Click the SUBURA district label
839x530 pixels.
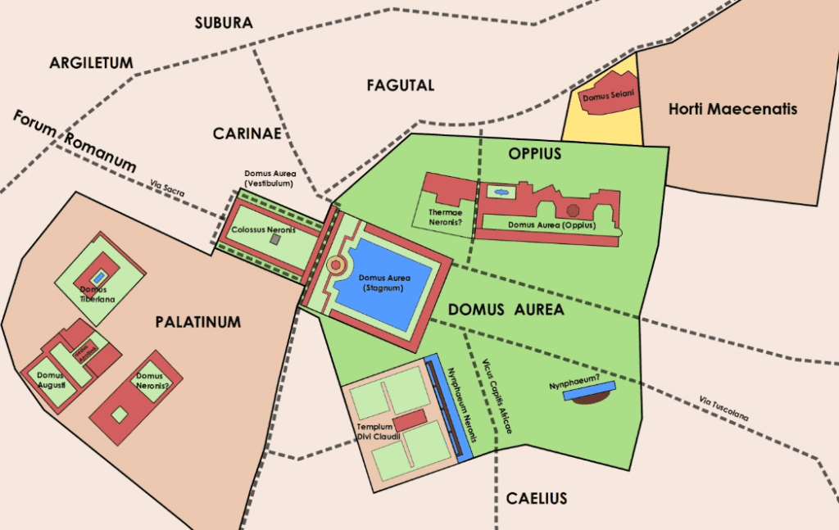click(224, 23)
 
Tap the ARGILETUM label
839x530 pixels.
click(91, 63)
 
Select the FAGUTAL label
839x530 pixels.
click(400, 85)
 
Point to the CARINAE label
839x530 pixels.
click(247, 133)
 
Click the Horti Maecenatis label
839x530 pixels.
click(732, 109)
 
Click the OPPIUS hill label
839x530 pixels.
click(534, 153)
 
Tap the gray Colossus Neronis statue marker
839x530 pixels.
click(276, 241)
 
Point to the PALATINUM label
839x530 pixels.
click(198, 322)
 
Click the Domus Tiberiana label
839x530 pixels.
click(98, 294)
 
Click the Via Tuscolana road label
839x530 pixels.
click(723, 410)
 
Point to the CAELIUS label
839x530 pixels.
click(536, 498)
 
